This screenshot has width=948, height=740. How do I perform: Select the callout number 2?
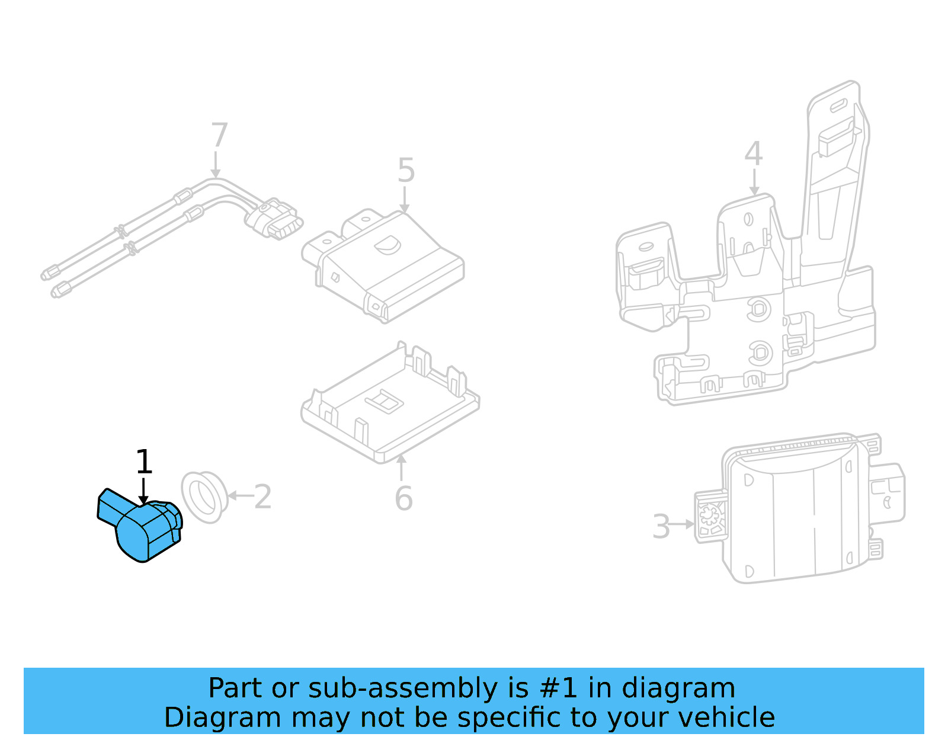262,496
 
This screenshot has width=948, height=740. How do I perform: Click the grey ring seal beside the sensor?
204,497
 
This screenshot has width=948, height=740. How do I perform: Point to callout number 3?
661,526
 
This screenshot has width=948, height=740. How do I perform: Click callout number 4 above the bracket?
753,153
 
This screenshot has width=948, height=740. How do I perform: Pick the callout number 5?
406,171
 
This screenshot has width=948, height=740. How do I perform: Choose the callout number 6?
403,498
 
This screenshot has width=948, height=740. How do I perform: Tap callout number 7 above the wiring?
219,135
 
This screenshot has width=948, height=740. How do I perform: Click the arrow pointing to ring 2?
239,496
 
